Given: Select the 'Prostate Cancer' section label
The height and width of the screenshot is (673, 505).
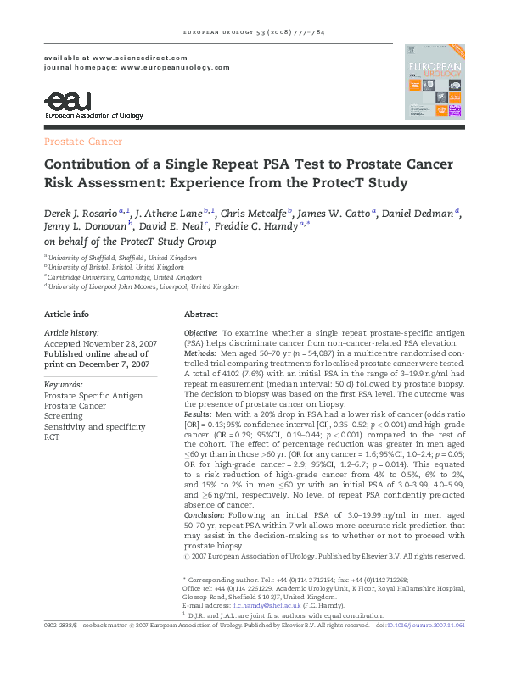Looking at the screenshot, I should click(x=83, y=142).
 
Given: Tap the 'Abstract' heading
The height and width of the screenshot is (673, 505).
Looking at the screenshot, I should click(x=201, y=314).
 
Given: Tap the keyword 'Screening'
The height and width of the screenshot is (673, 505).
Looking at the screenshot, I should click(x=65, y=416).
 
